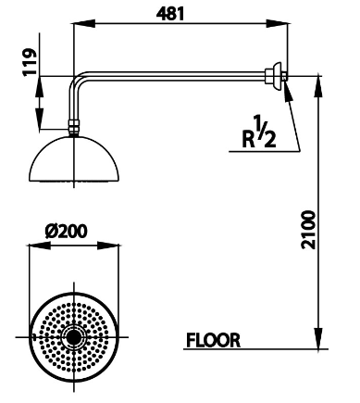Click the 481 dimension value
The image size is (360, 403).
[170, 14]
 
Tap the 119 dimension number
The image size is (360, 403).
[30, 61]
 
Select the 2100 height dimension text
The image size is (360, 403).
[308, 230]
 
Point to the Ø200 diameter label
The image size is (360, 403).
[66, 231]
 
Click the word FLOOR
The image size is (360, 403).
[213, 340]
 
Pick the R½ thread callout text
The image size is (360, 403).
[259, 132]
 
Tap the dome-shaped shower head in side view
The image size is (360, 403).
[74, 159]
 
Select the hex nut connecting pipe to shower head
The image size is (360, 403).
[74, 127]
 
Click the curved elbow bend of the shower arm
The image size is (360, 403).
[76, 80]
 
